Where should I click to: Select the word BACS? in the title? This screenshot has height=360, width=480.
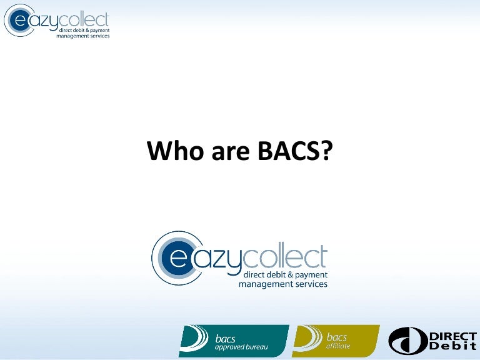(291, 151)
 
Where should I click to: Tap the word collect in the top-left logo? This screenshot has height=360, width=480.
(89, 19)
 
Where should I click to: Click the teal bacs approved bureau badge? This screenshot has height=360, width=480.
(234, 341)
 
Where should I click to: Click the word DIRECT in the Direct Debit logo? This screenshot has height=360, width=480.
(452, 336)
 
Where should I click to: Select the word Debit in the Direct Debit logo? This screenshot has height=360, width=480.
(452, 347)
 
